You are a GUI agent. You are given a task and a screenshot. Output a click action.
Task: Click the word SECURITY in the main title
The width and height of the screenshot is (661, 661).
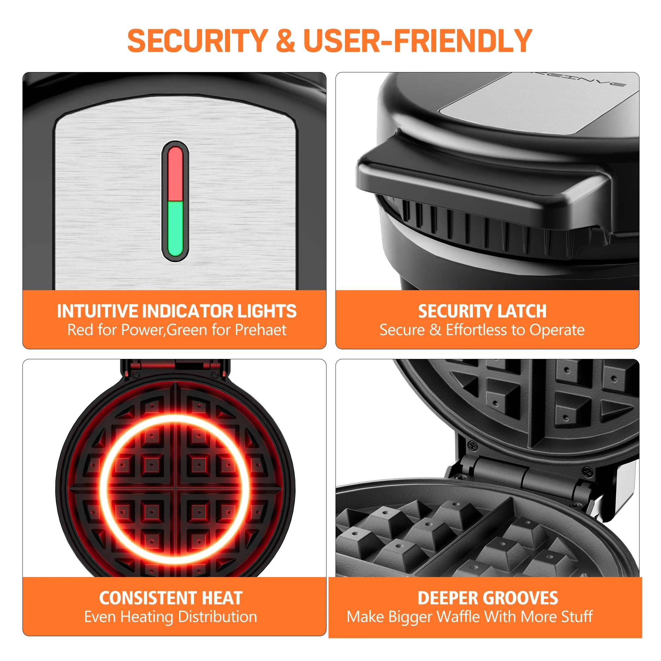click(197, 41)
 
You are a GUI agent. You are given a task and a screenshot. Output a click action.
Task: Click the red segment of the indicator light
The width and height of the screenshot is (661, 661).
click(175, 174)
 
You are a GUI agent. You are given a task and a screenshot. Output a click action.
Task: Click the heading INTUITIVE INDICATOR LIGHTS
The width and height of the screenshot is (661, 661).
click(176, 311)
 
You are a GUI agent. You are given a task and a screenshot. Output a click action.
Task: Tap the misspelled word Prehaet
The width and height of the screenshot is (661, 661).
click(261, 330)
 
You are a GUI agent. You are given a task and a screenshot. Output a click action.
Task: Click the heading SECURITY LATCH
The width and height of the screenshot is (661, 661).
click(482, 311)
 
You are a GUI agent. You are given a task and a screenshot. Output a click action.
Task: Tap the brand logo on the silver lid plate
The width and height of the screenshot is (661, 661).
click(578, 79)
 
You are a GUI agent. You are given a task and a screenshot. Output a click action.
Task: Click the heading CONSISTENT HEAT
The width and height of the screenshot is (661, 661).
click(171, 598)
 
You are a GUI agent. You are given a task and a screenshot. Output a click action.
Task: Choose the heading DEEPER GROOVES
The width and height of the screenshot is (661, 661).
click(487, 598)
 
